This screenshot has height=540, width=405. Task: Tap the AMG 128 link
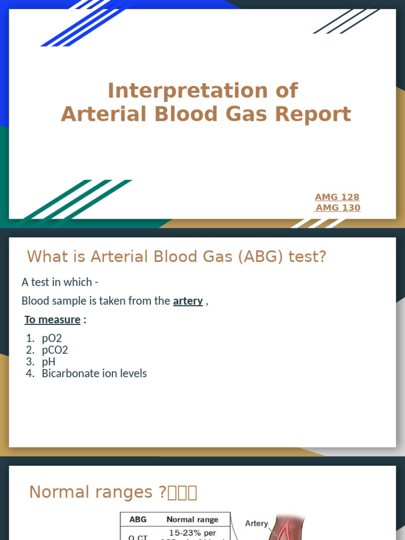(337, 197)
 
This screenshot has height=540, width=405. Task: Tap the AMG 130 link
(337, 208)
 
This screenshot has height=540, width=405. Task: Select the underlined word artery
(188, 301)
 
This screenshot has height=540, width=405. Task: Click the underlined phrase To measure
(52, 320)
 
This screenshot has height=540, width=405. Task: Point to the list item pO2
(52, 339)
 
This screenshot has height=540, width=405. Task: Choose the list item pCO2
(55, 350)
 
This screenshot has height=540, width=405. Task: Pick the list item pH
(49, 362)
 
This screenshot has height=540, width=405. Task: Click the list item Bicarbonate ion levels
(94, 373)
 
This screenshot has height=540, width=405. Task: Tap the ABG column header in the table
(138, 519)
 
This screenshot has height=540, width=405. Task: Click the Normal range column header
(192, 519)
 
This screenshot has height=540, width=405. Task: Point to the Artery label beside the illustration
(257, 524)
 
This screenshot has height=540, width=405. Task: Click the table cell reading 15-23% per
(192, 533)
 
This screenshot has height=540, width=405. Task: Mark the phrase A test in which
(57, 282)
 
